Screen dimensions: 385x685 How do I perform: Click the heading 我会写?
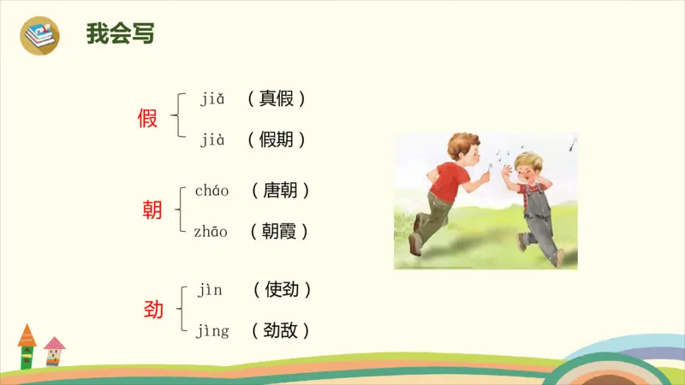(x=120, y=34)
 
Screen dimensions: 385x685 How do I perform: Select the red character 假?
(x=147, y=119)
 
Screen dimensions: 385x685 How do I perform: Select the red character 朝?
(x=152, y=210)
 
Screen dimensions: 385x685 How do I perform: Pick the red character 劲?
(x=153, y=310)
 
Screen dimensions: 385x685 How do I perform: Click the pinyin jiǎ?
(x=212, y=99)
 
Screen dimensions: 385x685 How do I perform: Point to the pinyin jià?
(x=212, y=140)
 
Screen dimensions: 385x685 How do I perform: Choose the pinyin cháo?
(x=211, y=191)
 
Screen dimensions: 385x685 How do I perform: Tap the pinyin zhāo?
(x=211, y=231)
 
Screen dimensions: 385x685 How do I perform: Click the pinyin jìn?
(x=210, y=290)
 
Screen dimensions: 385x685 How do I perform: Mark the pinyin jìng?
(x=212, y=331)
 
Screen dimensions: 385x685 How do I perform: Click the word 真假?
(x=277, y=99)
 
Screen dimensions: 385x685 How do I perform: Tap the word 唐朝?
(x=280, y=191)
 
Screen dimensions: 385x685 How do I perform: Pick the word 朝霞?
(x=279, y=231)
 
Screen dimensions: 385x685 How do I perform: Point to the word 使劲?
(x=282, y=290)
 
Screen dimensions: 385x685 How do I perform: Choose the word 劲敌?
(x=282, y=330)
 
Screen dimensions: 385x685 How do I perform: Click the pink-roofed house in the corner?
(x=55, y=352)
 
